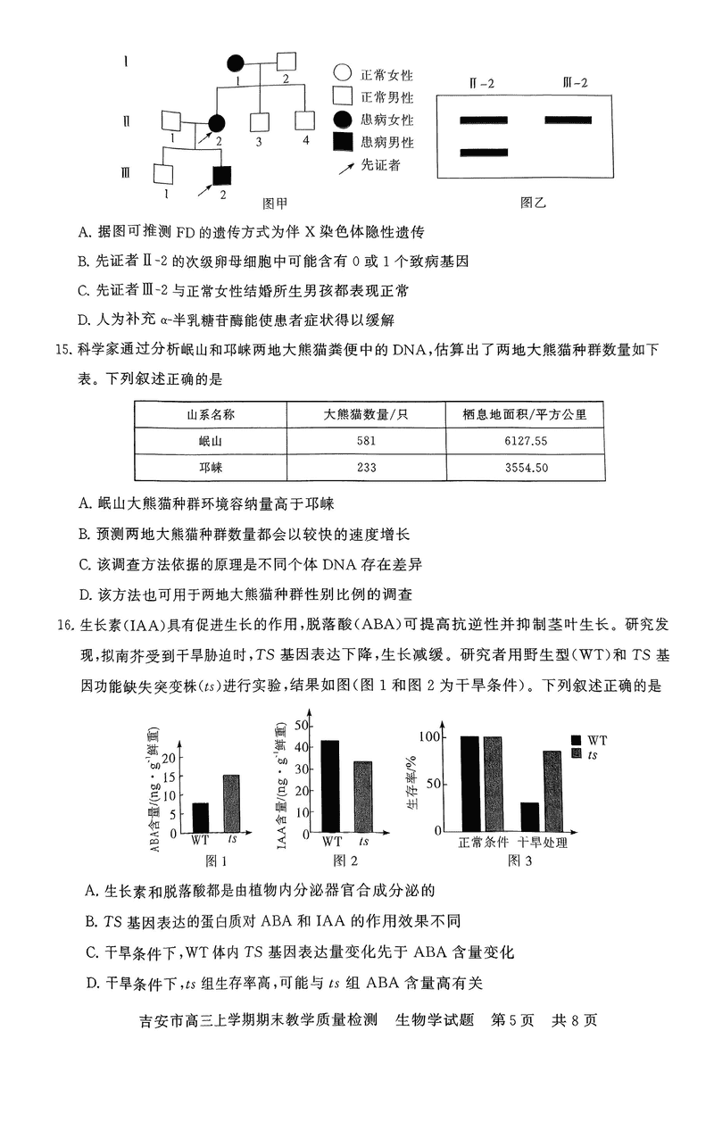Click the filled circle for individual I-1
pos(235,63)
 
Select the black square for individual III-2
pos(221,175)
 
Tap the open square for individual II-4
pos(305,121)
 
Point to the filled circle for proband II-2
pos(216,123)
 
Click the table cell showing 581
pos(366,441)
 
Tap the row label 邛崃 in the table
pos(211,468)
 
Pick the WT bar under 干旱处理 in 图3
pos(529,817)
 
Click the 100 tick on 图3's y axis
pos(433,737)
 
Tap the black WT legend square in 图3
pos(577,740)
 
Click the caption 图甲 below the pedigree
pos(273,203)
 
